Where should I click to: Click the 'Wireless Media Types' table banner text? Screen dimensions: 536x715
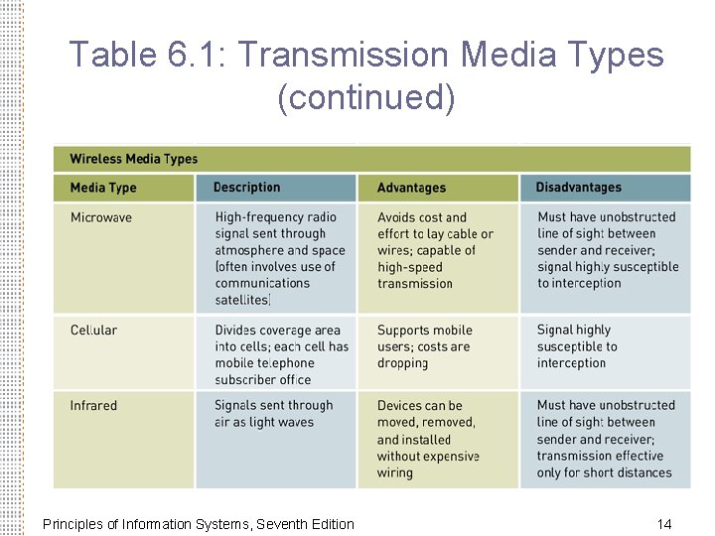click(133, 159)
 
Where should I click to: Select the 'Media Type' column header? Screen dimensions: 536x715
click(103, 188)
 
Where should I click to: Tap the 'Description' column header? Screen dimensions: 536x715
click(246, 188)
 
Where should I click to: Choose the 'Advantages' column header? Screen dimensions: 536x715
click(411, 188)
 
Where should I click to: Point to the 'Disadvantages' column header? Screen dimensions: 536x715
click(578, 188)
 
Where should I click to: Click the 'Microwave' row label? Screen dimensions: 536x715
click(100, 217)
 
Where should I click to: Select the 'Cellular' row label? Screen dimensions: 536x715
click(93, 330)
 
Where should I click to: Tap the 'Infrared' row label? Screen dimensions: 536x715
click(93, 405)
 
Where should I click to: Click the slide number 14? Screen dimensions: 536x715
click(664, 524)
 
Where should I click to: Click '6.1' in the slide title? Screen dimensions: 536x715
click(194, 55)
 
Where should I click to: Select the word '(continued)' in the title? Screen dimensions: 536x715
click(366, 97)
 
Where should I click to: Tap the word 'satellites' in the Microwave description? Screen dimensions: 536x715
click(241, 300)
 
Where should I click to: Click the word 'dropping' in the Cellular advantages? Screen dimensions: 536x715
click(402, 363)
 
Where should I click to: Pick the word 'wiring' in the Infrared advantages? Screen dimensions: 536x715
click(394, 473)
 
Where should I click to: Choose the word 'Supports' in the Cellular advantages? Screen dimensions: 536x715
click(403, 331)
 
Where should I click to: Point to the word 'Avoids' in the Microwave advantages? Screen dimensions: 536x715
click(396, 217)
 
